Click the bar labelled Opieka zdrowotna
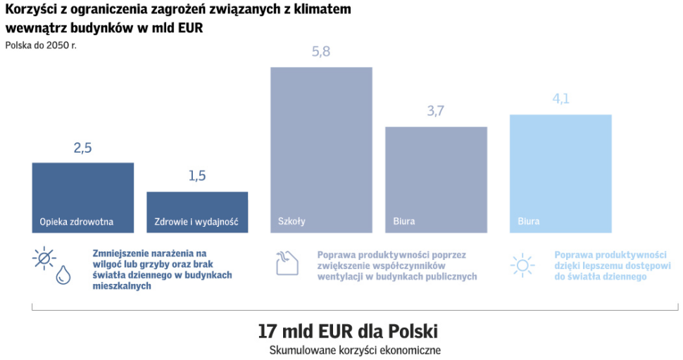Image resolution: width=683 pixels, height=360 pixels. tap(82, 197)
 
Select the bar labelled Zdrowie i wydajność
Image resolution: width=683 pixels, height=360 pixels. tap(197, 211)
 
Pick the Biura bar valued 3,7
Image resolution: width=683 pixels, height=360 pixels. tap(436, 180)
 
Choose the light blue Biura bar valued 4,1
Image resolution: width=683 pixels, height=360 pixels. tap(560, 173)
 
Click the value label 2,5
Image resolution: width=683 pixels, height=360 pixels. tap(82, 148)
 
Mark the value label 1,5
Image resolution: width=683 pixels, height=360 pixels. tap(197, 176)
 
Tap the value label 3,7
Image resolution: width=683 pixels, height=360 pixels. tap(436, 111)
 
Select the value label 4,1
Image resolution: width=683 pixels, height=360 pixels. tap(560, 99)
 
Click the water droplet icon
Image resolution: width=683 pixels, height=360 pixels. tap(63, 275)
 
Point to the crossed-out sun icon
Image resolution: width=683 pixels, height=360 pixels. tap(44, 259)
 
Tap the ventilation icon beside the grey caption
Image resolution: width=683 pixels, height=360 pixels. tap(285, 263)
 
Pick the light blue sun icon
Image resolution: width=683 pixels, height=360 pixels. tap(522, 265)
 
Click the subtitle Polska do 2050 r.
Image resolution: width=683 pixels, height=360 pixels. tap(40, 46)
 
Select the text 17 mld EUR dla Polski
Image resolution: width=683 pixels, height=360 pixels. tap(348, 330)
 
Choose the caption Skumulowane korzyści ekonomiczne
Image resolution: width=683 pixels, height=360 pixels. tap(354, 349)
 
